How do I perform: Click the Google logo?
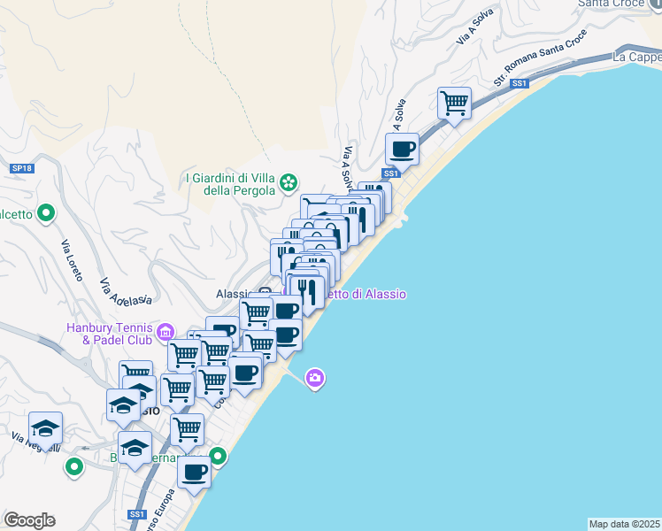(x=29, y=520)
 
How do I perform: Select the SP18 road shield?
(x=22, y=167)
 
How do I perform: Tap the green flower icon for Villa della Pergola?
(x=289, y=183)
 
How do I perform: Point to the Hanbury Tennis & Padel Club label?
(x=109, y=333)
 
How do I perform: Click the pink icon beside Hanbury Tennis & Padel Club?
(x=165, y=334)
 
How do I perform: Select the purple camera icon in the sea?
(x=314, y=379)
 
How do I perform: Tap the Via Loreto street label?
(x=73, y=260)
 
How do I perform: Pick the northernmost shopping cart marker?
(x=454, y=102)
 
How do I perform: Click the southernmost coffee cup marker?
(x=194, y=471)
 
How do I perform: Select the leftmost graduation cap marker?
(x=45, y=428)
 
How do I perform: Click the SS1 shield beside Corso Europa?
(x=135, y=514)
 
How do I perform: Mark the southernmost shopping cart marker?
(x=187, y=430)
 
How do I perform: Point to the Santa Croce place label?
(x=609, y=4)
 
